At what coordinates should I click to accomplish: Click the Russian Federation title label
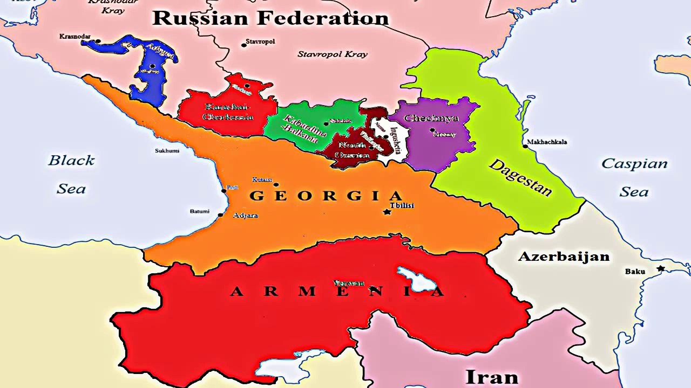[x=270, y=18]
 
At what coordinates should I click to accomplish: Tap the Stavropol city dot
[x=244, y=45]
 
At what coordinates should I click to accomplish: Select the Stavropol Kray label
[x=332, y=54]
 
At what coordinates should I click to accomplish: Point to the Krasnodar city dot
[x=98, y=41]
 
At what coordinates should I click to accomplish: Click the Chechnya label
[x=431, y=118]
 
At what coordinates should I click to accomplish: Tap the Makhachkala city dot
[x=525, y=146]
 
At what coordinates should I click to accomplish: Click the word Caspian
[x=634, y=163]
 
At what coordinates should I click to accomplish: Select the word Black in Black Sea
[x=71, y=160]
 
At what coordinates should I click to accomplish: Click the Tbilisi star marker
[x=387, y=212]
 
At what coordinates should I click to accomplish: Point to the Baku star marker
[x=660, y=268]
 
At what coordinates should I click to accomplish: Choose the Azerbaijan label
[x=564, y=257]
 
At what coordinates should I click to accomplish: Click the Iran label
[x=491, y=377]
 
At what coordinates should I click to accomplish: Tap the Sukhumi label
[x=167, y=151]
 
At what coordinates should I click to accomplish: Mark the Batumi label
[x=199, y=211]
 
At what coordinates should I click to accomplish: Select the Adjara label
[x=245, y=216]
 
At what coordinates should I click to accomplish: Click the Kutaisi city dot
[x=276, y=184]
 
